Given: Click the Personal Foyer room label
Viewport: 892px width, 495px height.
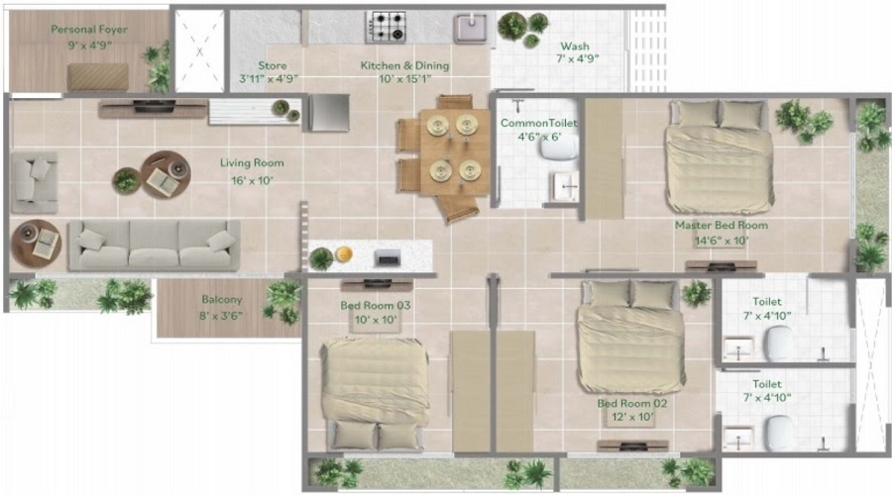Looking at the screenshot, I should (89, 30).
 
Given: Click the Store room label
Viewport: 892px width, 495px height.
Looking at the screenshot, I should (272, 66).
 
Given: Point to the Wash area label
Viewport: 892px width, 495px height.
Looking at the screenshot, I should (576, 47).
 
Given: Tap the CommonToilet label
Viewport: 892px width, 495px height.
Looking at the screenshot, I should (538, 123).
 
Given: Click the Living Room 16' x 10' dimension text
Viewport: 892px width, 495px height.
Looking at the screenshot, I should (252, 180).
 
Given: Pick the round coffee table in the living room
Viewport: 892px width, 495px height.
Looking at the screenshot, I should (162, 175).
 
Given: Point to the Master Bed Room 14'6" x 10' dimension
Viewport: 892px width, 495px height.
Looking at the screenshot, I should (722, 241).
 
